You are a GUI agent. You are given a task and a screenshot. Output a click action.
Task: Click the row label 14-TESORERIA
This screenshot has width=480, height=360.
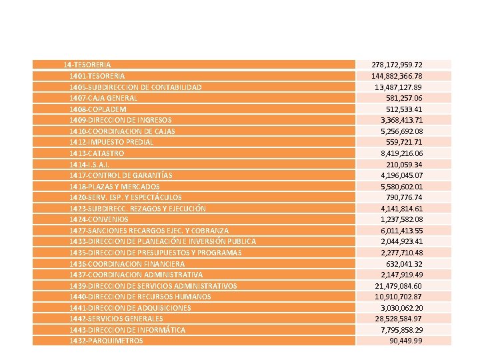point(87,65)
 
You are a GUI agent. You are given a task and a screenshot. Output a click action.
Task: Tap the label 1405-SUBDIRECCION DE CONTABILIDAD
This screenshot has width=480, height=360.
point(135,87)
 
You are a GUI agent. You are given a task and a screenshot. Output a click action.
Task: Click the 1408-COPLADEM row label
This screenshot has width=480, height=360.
point(98,109)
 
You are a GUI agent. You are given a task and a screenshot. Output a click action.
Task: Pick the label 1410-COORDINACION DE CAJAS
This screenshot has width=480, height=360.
point(122,131)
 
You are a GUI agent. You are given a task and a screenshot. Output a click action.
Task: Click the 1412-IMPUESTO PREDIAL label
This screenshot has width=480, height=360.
point(111,142)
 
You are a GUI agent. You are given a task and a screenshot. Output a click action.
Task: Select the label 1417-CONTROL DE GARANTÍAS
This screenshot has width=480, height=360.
point(121,175)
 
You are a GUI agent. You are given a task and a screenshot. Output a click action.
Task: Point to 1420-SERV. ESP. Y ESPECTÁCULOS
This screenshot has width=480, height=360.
point(125,197)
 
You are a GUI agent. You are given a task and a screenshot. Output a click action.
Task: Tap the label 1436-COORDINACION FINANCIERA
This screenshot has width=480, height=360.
point(127,263)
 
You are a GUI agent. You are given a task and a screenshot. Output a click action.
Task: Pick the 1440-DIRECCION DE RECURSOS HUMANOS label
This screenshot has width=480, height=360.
point(140,296)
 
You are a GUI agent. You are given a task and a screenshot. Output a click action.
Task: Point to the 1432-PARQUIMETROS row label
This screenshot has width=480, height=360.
point(106,341)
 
